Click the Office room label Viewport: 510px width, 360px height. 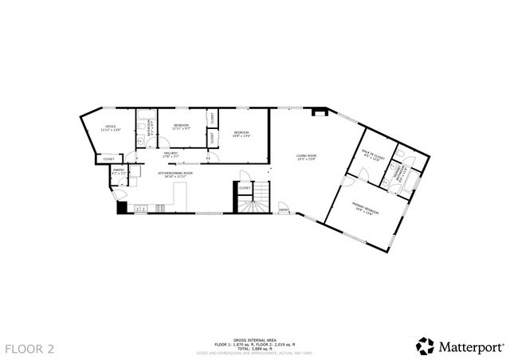coord(111,127)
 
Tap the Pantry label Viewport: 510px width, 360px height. coord(117,170)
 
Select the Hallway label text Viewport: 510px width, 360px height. coord(170,154)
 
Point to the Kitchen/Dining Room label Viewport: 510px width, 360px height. coord(172,174)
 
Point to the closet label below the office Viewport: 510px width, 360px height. coord(108,159)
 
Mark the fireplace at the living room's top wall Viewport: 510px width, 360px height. coord(319,112)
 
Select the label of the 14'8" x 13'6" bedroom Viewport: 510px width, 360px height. coord(241,133)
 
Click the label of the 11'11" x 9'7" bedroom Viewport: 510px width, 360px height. coord(181,127)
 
